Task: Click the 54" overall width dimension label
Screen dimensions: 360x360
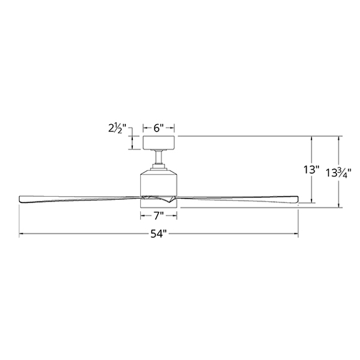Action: [x=158, y=234]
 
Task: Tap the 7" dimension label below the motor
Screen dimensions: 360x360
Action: [x=159, y=215]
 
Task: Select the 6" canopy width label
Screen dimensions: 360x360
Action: [x=158, y=128]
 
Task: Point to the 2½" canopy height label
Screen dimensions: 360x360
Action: [x=117, y=128]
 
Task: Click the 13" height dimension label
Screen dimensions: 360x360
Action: [x=312, y=170]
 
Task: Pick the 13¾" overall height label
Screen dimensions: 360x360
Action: [x=339, y=173]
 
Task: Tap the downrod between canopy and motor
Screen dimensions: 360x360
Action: [x=159, y=157]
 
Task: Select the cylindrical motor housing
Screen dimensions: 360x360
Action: [x=159, y=183]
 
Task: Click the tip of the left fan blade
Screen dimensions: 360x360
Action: [x=20, y=198]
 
